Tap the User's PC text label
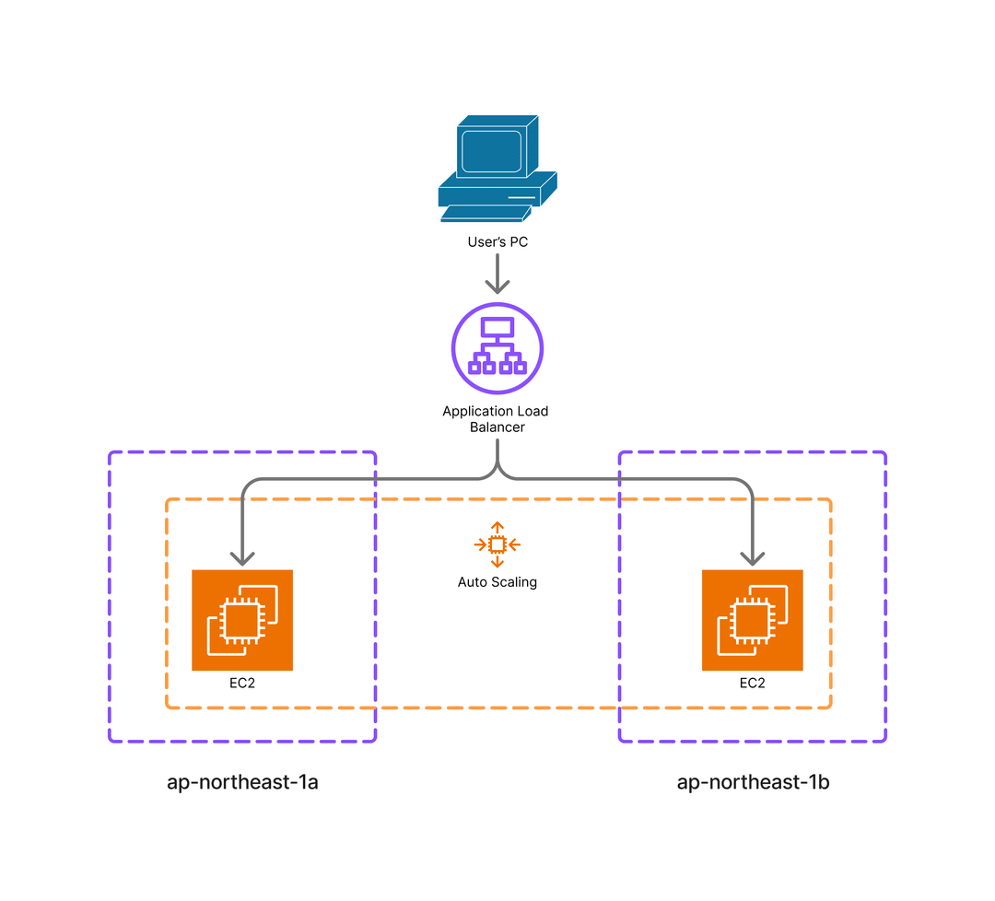(497, 243)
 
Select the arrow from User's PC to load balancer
(497, 274)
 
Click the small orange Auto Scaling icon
(497, 544)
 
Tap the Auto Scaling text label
(497, 582)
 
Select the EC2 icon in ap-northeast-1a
(242, 620)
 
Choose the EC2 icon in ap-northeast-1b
(753, 620)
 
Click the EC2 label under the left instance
(242, 684)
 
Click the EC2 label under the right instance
(753, 684)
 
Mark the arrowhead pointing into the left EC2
(242, 558)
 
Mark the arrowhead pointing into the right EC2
(753, 558)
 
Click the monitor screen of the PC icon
(491, 151)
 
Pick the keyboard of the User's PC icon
(485, 214)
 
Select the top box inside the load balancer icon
(497, 327)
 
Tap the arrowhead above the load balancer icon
(497, 287)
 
